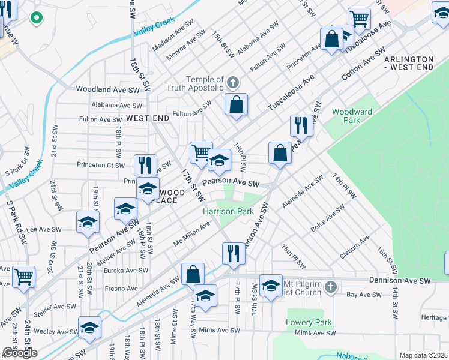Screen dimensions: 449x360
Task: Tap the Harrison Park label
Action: coord(228,211)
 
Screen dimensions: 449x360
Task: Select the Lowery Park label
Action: coord(309,322)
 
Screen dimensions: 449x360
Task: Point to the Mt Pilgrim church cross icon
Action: coord(330,288)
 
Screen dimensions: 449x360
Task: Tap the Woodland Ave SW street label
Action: coord(107,89)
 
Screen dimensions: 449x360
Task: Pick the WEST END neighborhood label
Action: coord(147,119)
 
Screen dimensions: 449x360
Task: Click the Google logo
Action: coord(20,353)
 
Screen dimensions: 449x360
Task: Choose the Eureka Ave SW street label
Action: coord(126,270)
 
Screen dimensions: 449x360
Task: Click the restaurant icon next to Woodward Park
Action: coord(301,125)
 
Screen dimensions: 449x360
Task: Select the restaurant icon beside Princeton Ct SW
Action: coord(145,165)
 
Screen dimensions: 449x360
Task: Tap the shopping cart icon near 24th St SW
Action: coord(24,277)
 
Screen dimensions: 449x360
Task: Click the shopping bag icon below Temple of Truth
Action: coord(237,104)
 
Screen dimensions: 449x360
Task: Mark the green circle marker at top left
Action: coord(36,18)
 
